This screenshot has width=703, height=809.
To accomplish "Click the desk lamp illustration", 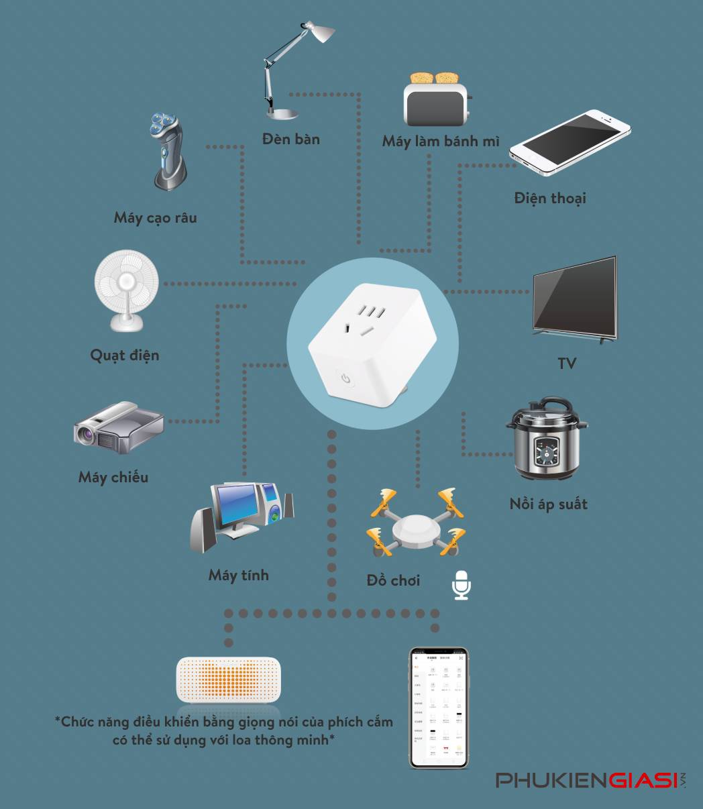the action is pos(288,70).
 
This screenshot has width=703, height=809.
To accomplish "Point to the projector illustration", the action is pos(118,428).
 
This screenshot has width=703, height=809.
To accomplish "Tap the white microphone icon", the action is pos(461,585).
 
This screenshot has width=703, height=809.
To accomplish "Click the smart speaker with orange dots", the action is pos(228,680).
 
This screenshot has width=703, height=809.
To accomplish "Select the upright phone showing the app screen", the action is pos(439,707).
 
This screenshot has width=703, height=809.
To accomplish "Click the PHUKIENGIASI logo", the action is pos(590,781).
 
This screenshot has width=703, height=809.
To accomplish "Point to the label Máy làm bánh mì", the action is pos(441,141).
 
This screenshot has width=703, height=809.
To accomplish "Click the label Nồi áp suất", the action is pos(548,504).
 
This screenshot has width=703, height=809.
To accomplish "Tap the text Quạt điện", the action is pos(125,354).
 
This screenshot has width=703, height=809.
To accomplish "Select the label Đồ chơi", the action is pos(394,580).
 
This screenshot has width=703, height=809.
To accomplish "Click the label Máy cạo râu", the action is pos(155,217).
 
